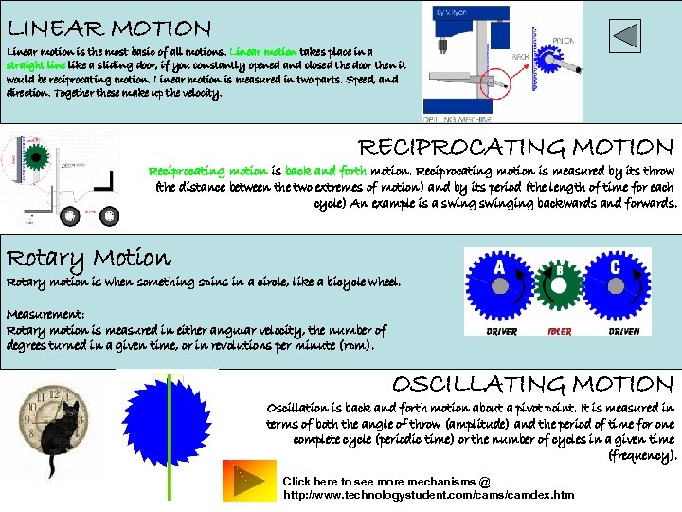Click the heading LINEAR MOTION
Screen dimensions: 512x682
pyautogui.click(x=109, y=29)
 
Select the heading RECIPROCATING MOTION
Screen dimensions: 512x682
pyautogui.click(x=515, y=147)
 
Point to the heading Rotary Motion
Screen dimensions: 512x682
pyautogui.click(x=89, y=258)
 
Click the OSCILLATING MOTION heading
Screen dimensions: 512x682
pyautogui.click(x=532, y=384)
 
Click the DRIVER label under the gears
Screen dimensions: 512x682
pyautogui.click(x=501, y=332)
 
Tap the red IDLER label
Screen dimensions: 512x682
pyautogui.click(x=560, y=332)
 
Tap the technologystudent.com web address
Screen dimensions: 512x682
pyautogui.click(x=428, y=495)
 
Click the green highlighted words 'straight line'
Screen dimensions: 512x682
pyautogui.click(x=36, y=65)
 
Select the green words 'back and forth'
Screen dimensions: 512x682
pyautogui.click(x=325, y=172)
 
